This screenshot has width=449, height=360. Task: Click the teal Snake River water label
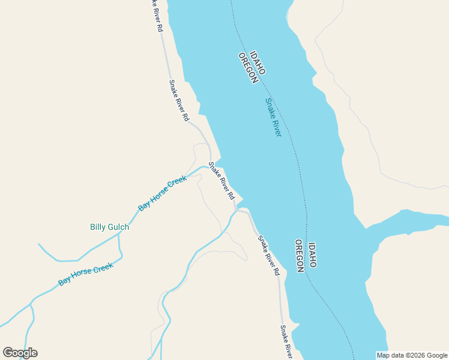click(x=273, y=117)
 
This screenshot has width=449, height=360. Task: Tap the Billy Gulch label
click(x=109, y=227)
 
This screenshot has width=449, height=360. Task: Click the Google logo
click(x=20, y=353)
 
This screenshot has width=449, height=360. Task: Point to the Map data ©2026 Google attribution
click(x=412, y=355)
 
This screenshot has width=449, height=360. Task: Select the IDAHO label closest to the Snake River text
click(x=257, y=63)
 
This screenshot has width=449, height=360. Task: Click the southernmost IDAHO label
click(x=312, y=255)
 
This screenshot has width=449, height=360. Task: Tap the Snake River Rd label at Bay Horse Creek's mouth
click(x=221, y=181)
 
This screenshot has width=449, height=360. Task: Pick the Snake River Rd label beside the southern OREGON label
click(x=269, y=255)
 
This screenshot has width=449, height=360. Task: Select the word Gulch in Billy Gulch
click(x=118, y=227)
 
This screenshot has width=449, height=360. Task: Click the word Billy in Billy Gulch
click(x=98, y=227)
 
